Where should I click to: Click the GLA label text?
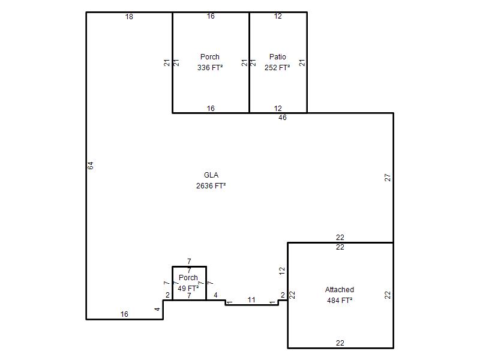point(211,175)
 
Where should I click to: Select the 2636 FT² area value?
point(211,186)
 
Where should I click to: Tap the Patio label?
point(278,57)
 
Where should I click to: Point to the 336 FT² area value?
point(209,68)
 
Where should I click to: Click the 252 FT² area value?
point(277,68)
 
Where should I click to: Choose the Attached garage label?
point(340,290)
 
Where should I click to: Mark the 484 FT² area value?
point(340,301)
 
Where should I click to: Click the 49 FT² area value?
point(188,289)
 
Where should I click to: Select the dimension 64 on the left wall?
point(91,166)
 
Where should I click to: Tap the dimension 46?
point(283,118)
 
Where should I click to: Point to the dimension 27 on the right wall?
point(388,178)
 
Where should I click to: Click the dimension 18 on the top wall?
point(129,17)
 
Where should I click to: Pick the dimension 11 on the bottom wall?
point(251,299)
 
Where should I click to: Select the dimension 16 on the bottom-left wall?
point(124,314)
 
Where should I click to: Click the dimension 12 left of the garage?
point(282,271)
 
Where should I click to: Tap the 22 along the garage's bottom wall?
point(340,343)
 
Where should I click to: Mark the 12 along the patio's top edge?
point(278,16)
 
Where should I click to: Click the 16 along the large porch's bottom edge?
point(211,109)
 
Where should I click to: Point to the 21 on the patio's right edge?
point(302,63)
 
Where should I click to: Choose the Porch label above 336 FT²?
point(209,57)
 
